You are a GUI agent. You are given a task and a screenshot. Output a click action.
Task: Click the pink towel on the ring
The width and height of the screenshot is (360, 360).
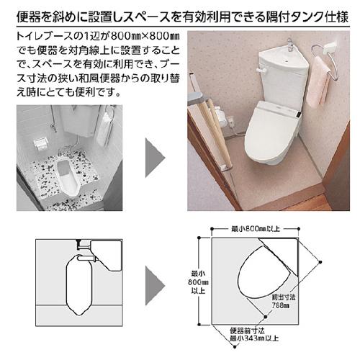[318, 81]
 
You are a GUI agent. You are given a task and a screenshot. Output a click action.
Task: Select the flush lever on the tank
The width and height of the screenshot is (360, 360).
[261, 70]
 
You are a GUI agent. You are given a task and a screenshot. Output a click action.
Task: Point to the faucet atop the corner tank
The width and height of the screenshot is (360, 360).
[290, 45]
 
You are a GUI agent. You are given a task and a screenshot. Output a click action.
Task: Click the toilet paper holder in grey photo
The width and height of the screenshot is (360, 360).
[40, 143]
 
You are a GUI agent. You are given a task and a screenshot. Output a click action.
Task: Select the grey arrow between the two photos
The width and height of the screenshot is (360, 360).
[155, 158]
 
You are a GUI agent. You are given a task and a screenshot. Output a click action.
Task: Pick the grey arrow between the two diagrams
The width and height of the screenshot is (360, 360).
[155, 286]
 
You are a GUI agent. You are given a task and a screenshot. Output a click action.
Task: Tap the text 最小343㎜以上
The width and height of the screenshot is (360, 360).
[254, 338]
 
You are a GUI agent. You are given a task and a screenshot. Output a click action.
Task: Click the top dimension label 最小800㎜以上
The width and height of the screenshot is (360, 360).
[256, 229]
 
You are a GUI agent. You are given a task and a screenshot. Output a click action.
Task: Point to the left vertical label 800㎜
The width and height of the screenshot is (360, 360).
[198, 282]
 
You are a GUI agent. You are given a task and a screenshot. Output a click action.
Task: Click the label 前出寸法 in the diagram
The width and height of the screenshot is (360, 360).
[284, 297]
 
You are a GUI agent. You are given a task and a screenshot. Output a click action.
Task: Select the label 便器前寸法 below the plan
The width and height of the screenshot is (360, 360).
[247, 330]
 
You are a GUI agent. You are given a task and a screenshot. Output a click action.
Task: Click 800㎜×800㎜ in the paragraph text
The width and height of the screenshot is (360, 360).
[145, 37]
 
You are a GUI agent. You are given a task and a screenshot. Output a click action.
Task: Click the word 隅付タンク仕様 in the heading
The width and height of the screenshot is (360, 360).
[307, 17]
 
